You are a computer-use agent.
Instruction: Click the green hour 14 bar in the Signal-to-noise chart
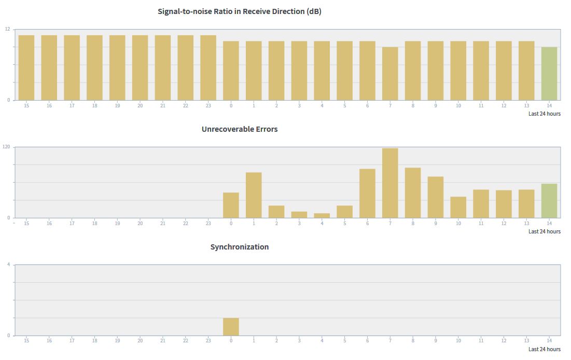[549, 74]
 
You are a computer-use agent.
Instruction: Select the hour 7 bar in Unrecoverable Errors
[390, 183]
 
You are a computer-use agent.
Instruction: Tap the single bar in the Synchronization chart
[231, 327]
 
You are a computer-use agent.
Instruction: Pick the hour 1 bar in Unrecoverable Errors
[254, 195]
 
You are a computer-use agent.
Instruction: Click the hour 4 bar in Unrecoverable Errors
[322, 215]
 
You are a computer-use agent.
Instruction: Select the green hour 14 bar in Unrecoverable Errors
[549, 201]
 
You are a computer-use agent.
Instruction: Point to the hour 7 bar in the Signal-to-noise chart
[390, 74]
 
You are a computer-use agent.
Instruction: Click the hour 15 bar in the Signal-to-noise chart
[26, 67]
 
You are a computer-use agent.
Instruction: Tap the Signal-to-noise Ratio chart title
[240, 11]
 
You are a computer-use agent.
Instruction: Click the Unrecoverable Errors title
[240, 129]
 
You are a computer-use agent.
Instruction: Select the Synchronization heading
[240, 247]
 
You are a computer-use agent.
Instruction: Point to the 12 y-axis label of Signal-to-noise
[7, 29]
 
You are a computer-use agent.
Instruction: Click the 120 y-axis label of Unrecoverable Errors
[6, 147]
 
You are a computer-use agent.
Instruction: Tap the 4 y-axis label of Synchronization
[8, 265]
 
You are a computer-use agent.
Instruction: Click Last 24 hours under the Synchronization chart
[544, 349]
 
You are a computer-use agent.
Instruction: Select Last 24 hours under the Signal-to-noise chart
[544, 114]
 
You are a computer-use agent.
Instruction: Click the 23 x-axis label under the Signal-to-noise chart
[208, 106]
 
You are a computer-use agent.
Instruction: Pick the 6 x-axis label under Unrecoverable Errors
[367, 224]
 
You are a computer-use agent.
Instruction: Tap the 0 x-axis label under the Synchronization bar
[231, 341]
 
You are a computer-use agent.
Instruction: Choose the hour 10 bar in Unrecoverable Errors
[458, 207]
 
